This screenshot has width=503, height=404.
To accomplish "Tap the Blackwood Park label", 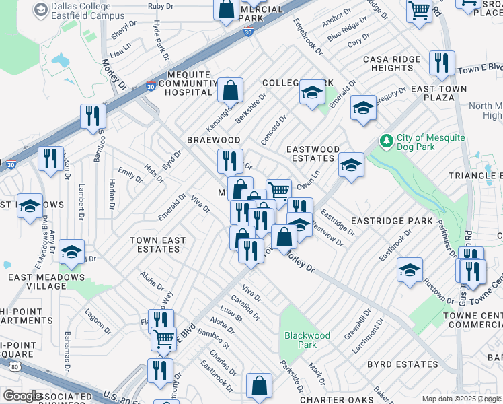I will [307, 340].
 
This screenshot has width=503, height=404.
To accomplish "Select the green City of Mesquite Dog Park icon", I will [387, 141].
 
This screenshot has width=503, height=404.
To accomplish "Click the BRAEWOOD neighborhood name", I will [214, 139].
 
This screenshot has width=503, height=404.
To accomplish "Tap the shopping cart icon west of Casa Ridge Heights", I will [419, 11].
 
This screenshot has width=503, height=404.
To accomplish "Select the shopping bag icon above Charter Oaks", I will [259, 386].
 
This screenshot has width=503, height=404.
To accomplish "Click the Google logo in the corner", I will [22, 396].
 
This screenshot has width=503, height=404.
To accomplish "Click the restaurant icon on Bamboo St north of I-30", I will [93, 116].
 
